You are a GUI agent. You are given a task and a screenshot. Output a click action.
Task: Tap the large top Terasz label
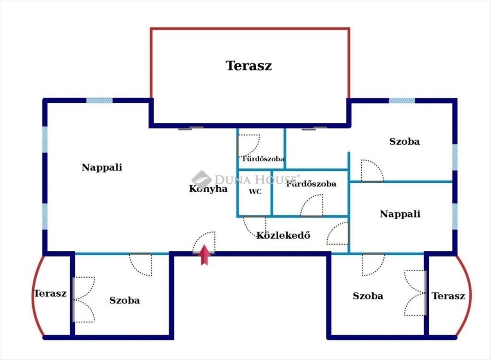[x=249, y=65]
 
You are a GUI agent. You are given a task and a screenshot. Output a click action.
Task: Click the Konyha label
[x=208, y=189]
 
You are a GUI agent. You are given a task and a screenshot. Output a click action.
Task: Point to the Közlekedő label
[x=283, y=235]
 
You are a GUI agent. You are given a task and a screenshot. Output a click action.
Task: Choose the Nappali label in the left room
[x=102, y=167]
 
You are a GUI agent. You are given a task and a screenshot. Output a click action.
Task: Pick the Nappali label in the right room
[x=400, y=214]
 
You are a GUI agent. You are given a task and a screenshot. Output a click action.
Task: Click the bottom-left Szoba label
[x=124, y=300]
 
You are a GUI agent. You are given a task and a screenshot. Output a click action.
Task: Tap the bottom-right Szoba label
[x=368, y=296]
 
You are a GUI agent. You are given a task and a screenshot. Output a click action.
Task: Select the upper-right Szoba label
[x=404, y=142]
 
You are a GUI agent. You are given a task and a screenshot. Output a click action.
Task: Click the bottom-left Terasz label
[x=50, y=293]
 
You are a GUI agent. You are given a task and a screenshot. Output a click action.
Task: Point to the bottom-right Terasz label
[x=448, y=296]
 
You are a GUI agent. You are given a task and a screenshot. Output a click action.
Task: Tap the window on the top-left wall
[x=99, y=101]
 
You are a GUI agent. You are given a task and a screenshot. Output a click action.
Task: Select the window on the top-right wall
[x=401, y=101]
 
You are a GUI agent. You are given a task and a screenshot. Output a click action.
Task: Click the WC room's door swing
[x=254, y=226]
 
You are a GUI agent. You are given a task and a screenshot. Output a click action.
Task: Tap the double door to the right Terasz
[x=414, y=293]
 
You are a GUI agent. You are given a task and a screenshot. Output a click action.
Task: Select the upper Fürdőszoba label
[x=263, y=159]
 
